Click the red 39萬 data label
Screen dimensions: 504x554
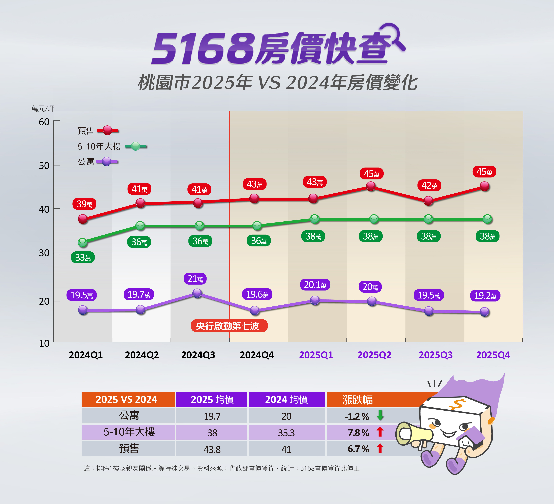pos(84,204)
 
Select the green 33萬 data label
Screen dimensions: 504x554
pos(83,258)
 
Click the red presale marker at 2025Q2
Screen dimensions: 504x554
pos(371,186)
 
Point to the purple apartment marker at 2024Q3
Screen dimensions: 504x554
pos(197,293)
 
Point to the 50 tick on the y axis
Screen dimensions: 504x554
pos(44,166)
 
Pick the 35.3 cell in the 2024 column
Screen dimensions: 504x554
pos(286,433)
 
